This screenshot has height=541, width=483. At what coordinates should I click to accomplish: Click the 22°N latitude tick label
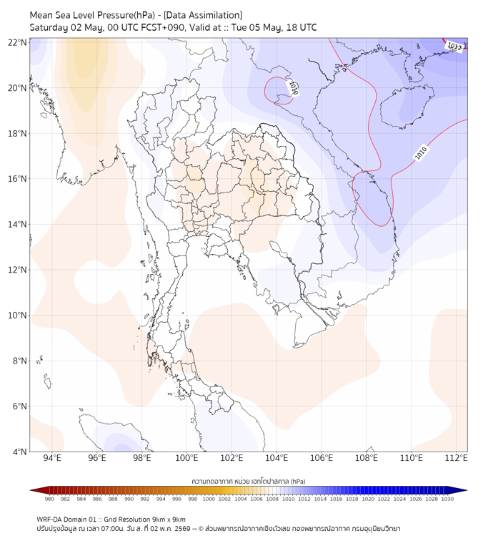tap(17, 42)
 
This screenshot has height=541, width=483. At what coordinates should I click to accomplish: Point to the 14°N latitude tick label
tap(17, 224)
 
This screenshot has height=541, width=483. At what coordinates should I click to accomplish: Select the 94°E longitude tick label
tap(52, 458)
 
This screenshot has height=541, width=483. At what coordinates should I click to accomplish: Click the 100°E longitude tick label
tap(186, 458)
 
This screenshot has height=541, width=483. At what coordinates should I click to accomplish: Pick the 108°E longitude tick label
tap(367, 458)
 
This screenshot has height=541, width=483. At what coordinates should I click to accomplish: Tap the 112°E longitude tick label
tap(456, 458)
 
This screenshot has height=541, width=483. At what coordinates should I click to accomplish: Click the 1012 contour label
tap(454, 46)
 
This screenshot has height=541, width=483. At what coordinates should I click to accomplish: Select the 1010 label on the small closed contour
tap(293, 87)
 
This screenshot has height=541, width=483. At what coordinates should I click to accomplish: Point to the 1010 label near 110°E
tap(421, 153)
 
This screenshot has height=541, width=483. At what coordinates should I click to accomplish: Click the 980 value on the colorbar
tap(49, 499)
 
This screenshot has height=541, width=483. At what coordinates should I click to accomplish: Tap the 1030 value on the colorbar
tap(447, 499)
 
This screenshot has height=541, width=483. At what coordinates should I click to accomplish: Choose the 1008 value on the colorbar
tap(272, 499)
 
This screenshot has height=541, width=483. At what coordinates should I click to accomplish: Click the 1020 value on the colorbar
tap(368, 499)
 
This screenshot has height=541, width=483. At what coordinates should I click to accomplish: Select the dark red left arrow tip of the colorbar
tap(31, 490)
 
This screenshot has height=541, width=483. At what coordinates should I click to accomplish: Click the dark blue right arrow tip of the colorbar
tap(466, 490)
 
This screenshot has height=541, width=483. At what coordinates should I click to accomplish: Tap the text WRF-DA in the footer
tap(49, 520)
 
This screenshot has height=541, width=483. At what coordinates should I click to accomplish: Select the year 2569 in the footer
tap(183, 529)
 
